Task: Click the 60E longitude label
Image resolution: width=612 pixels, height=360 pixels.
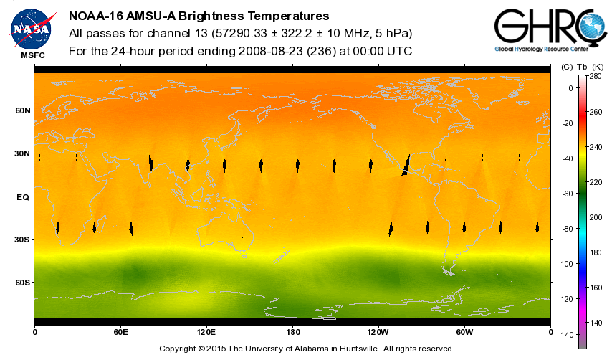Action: click(120, 332)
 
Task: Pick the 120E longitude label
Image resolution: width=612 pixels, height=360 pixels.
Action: click(206, 332)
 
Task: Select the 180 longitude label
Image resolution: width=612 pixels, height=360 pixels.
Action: click(292, 332)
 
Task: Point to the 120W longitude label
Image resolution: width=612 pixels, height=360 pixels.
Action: click(378, 332)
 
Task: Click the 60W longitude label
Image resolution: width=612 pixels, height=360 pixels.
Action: click(464, 332)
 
